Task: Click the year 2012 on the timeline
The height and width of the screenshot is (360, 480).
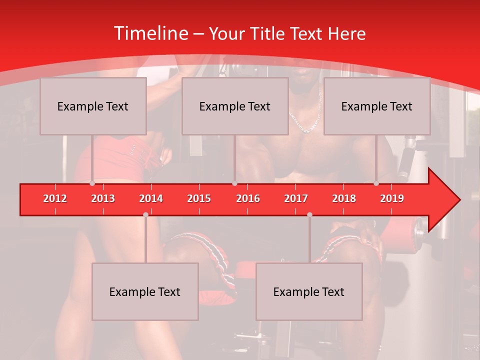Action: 55,199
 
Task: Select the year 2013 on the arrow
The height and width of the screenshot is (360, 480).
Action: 103,199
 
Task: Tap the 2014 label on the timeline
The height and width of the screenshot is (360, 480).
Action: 151,199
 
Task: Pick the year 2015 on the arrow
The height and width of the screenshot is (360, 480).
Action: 199,199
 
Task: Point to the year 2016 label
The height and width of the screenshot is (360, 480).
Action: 248,199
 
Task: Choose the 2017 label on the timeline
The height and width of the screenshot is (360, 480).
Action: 296,199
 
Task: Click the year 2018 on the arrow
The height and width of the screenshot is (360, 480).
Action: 344,199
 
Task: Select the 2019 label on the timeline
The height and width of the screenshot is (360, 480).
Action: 392,199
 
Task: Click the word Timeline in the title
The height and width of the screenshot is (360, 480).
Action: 150,33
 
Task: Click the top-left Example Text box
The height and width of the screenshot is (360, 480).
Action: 93,106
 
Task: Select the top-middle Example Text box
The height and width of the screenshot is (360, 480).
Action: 235,106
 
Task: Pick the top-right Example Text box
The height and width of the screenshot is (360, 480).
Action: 377,106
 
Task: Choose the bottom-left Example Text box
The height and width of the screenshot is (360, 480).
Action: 145,291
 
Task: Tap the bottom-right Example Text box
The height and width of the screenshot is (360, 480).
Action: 309,291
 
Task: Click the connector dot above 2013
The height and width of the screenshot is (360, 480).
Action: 92,183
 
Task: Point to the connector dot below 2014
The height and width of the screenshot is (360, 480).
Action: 145,214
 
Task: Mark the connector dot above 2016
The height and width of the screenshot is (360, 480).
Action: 234,183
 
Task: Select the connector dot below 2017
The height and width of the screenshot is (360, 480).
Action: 309,214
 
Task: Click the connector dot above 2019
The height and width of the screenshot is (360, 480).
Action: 376,183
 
